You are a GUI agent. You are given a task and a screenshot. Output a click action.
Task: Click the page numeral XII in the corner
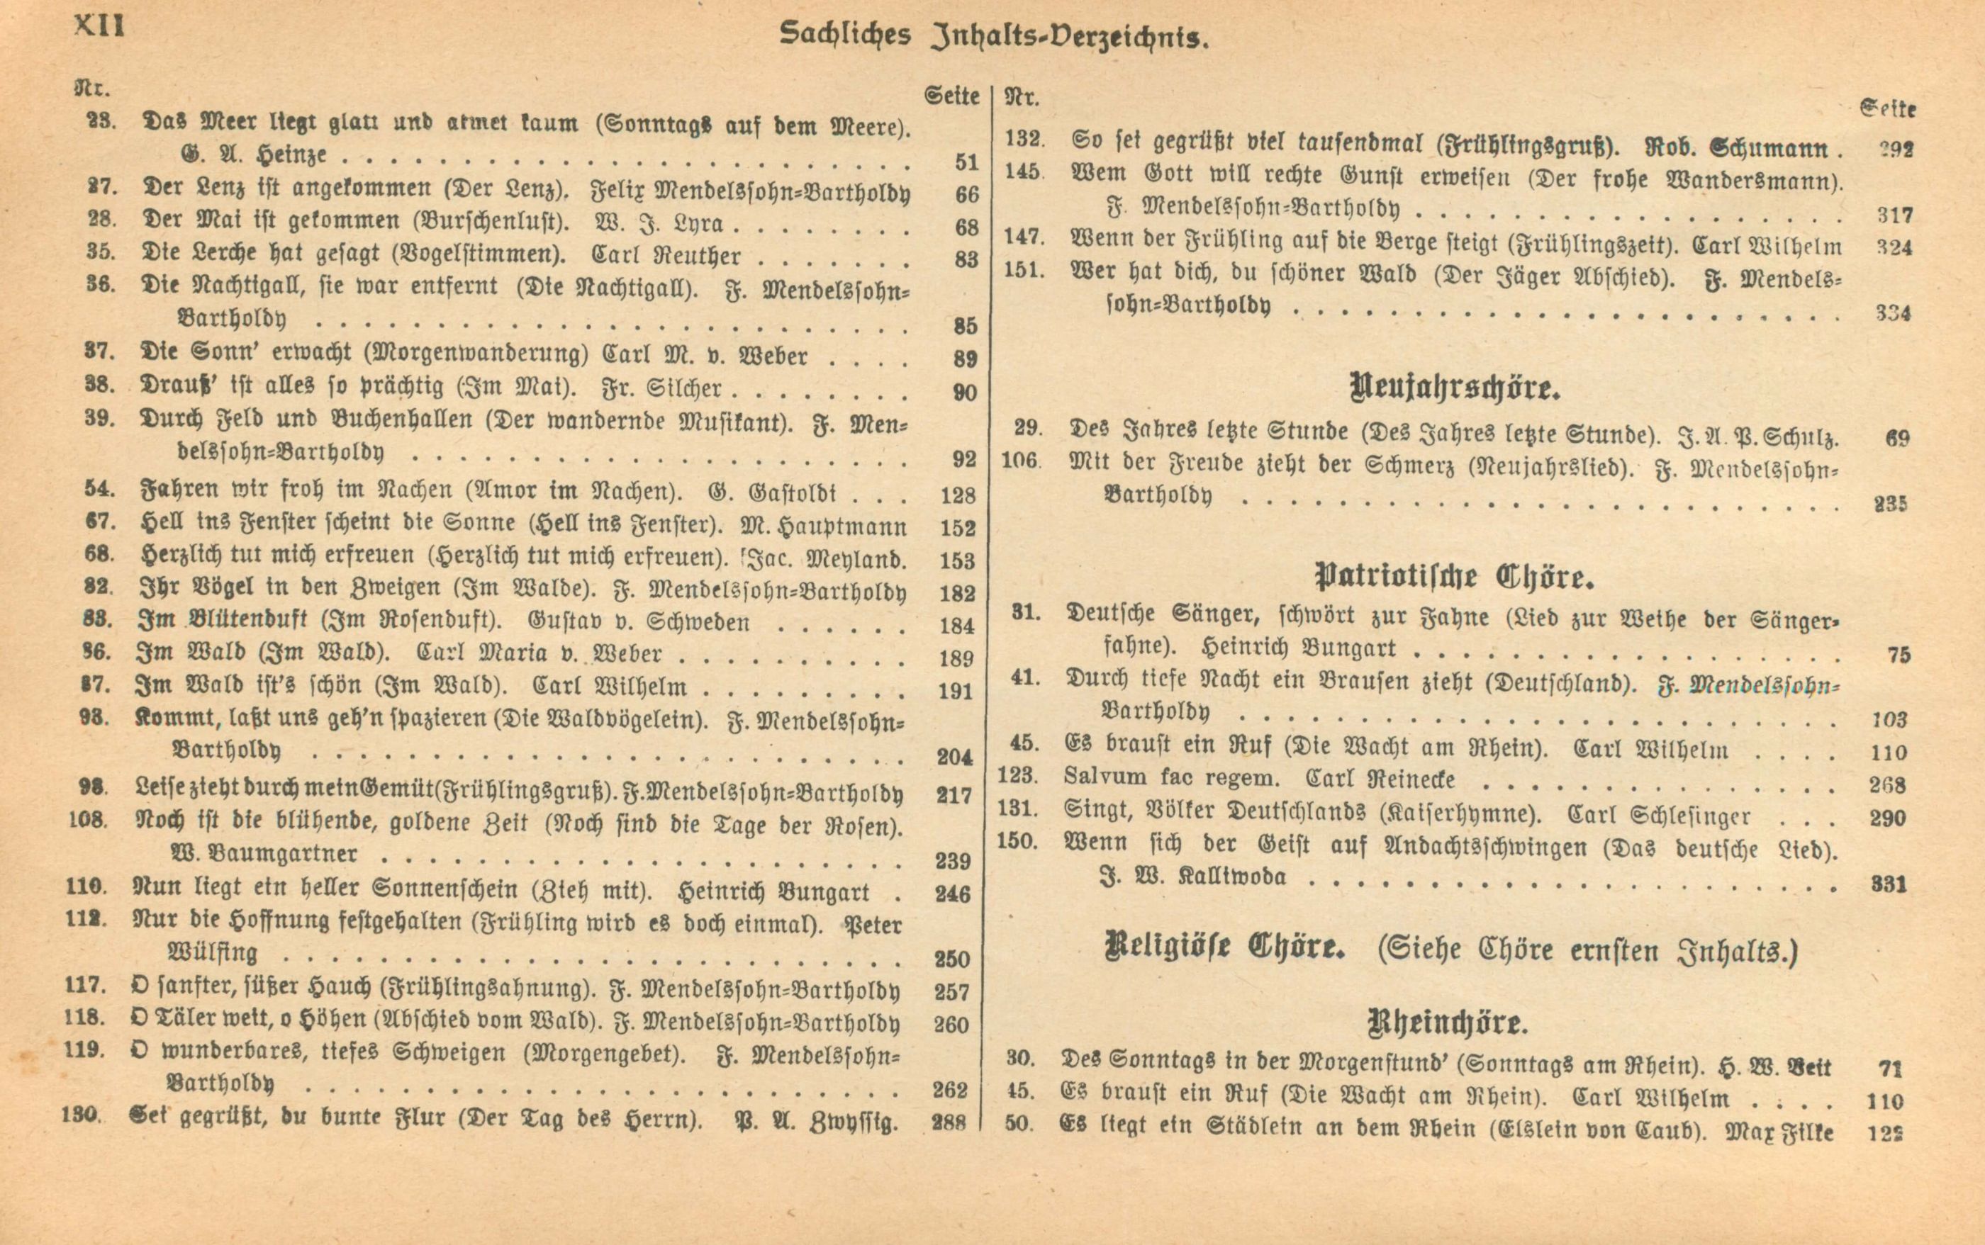tap(99, 26)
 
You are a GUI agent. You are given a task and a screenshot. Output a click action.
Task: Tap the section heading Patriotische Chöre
tap(1455, 578)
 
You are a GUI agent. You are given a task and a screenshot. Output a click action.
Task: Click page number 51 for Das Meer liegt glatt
tap(966, 162)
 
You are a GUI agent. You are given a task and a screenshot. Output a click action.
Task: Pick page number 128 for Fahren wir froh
tap(957, 495)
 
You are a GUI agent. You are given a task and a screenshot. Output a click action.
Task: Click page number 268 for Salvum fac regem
tap(1887, 784)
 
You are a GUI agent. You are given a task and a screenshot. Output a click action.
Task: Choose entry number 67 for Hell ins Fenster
tap(99, 522)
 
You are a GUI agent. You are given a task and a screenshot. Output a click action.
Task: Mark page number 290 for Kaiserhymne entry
tap(1887, 818)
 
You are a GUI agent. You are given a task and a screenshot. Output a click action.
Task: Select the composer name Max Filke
tap(1779, 1132)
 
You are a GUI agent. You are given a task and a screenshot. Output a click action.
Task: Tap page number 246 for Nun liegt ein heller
tap(953, 894)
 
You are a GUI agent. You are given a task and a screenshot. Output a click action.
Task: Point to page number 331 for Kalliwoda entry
tap(1889, 884)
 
